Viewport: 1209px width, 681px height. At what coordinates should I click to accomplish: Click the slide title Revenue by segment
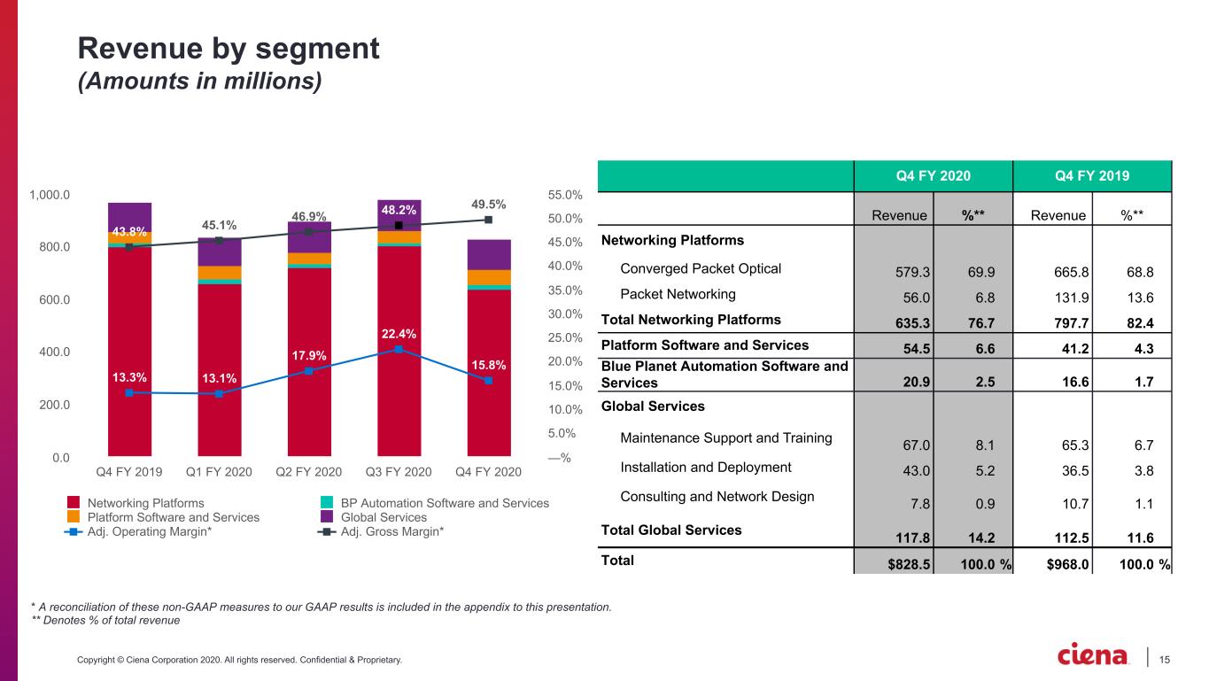point(229,49)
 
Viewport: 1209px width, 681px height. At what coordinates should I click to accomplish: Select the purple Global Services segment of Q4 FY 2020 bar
point(488,255)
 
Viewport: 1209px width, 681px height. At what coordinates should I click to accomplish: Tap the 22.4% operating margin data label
point(399,334)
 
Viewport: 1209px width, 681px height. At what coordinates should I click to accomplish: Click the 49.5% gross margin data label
point(488,205)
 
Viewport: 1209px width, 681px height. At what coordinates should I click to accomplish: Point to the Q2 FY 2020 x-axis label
point(309,472)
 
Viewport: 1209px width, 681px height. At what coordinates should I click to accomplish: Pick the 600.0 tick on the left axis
point(55,299)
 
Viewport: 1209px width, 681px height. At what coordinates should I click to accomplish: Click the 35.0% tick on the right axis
point(565,290)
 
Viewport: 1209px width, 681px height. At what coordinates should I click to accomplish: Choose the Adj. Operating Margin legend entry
point(138,531)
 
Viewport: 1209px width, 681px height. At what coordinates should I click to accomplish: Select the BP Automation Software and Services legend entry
point(435,503)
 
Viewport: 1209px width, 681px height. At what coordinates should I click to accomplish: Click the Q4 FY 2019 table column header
point(1092,176)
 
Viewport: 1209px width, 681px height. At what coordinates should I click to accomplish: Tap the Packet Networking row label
point(678,294)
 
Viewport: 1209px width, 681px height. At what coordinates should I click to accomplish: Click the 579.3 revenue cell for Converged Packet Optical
point(912,272)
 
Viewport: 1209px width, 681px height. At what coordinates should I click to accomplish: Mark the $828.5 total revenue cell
point(909,564)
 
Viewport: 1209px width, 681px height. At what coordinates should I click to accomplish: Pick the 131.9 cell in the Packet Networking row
point(1072,298)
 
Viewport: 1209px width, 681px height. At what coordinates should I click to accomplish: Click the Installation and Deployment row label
point(705,468)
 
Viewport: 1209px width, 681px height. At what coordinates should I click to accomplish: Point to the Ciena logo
point(1092,655)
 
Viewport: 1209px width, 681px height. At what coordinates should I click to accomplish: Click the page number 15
point(1165,660)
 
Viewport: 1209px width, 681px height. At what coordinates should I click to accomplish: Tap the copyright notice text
point(239,660)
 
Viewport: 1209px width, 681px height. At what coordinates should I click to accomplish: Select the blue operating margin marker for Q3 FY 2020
point(399,349)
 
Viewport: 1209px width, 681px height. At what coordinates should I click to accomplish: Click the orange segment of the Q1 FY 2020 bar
point(219,273)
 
